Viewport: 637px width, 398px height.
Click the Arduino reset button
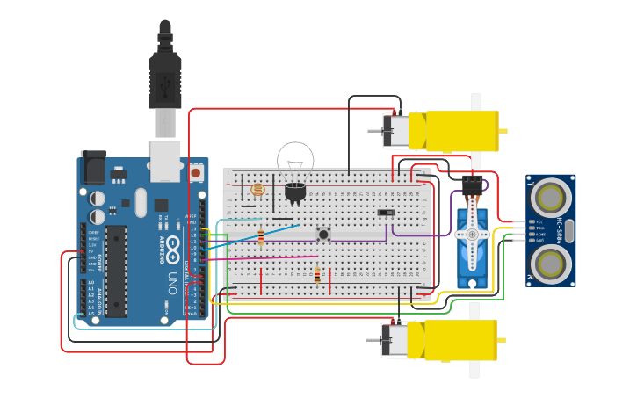point(195,172)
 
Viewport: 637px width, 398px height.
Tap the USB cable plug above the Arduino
point(165,83)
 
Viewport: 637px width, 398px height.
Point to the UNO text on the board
point(174,282)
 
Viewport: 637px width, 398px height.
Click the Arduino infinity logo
point(174,246)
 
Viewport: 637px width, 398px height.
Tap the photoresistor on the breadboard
point(257,189)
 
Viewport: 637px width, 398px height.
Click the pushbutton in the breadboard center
point(323,234)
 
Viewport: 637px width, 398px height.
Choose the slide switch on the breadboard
point(385,213)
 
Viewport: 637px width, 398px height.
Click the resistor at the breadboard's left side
point(261,235)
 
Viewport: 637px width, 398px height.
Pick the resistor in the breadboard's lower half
point(317,276)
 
